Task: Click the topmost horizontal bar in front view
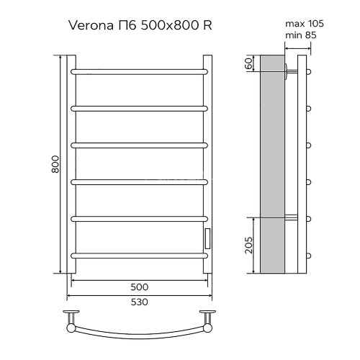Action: point(138,71)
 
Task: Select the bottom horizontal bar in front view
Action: point(138,254)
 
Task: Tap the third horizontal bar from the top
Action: point(138,145)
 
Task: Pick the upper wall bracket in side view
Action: point(292,71)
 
